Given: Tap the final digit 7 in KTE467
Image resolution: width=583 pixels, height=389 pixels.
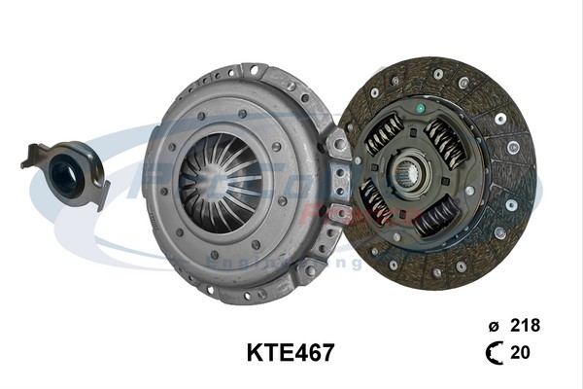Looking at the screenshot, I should (327, 352).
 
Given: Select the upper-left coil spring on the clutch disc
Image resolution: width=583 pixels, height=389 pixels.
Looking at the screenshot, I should (384, 136).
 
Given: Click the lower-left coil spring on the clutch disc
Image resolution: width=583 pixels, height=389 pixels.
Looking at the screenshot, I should (376, 202).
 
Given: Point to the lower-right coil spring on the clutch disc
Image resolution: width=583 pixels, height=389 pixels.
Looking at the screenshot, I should (436, 216).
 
